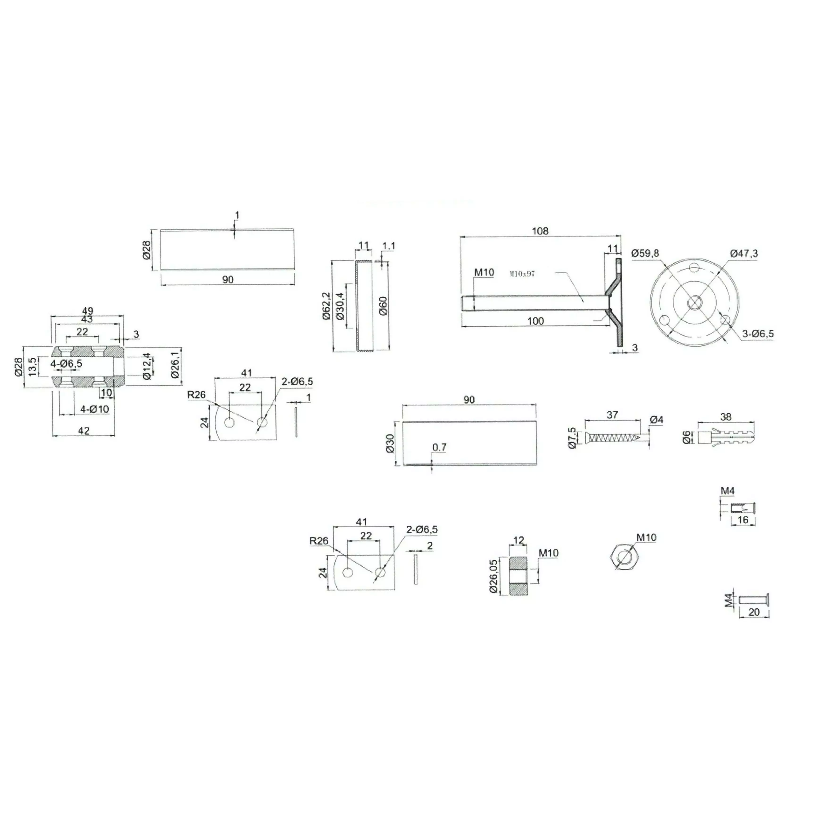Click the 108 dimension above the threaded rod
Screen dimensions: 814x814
(540, 231)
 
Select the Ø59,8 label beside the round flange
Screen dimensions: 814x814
(645, 253)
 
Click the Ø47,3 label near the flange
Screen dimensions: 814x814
(744, 253)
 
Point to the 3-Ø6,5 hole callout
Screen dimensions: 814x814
(758, 334)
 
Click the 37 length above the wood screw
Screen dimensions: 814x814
(612, 415)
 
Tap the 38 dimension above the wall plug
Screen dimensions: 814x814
(726, 417)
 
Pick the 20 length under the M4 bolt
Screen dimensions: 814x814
(754, 612)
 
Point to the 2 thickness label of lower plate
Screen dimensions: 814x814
(430, 546)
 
